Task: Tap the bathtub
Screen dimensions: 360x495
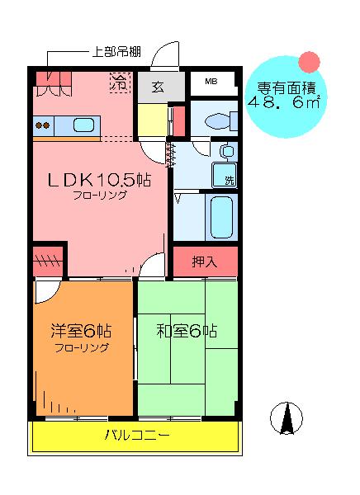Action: [x=221, y=217]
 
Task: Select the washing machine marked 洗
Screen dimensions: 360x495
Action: [x=225, y=175]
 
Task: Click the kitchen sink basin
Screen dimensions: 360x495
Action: [x=83, y=125]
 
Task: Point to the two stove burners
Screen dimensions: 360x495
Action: [x=43, y=125]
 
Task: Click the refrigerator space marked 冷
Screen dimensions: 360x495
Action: [x=120, y=82]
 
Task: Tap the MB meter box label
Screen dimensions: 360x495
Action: [x=211, y=81]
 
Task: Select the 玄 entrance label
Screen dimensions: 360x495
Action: [x=158, y=86]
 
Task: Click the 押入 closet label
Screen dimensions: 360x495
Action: [x=205, y=262]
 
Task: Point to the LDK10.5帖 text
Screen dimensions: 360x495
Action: [x=99, y=180]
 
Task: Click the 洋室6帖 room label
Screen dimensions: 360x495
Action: [x=81, y=331]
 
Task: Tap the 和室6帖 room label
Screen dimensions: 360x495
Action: [x=187, y=331]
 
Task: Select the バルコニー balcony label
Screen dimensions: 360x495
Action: [x=136, y=435]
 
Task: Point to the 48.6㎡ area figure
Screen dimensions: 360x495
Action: [x=284, y=102]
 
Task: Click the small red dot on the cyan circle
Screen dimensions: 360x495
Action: [x=309, y=62]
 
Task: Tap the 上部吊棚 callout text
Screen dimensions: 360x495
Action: [x=116, y=51]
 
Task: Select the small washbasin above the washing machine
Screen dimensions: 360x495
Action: [x=228, y=152]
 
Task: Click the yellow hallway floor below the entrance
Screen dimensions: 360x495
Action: [x=153, y=120]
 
